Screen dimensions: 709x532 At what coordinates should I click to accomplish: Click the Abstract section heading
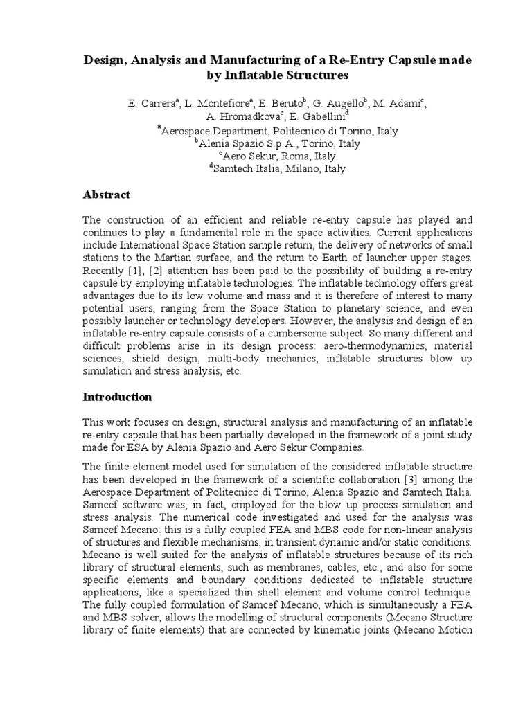click(x=107, y=195)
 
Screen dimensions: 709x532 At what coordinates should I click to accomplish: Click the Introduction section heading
click(x=117, y=397)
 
